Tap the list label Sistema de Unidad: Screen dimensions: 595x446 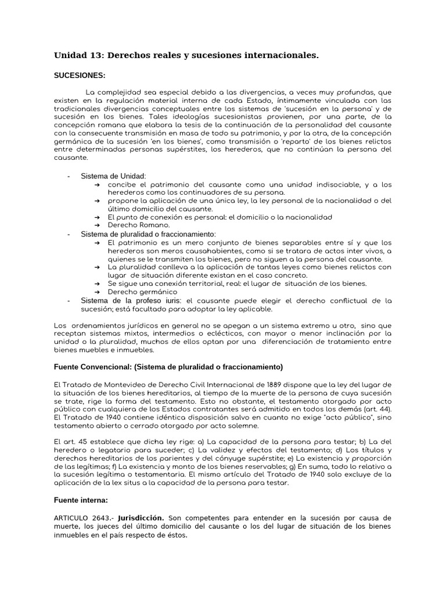pos(113,175)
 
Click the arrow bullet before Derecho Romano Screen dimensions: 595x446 pos(96,225)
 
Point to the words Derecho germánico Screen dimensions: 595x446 pos(134,292)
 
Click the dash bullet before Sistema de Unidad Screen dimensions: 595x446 pos(69,175)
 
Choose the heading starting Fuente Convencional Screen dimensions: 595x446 pos(168,367)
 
